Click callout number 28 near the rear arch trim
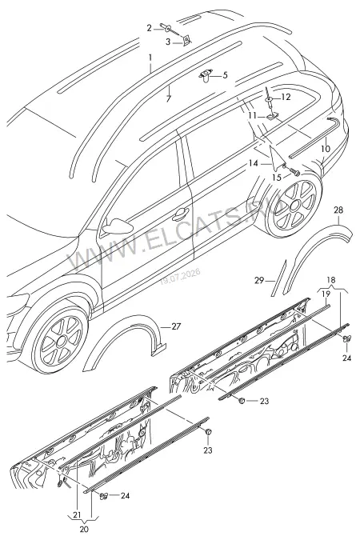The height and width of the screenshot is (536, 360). click(x=338, y=210)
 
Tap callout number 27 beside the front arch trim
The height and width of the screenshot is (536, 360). click(x=176, y=326)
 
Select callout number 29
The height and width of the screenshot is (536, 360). click(x=259, y=280)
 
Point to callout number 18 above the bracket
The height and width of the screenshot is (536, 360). click(x=331, y=280)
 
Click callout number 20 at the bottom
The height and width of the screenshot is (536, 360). click(x=84, y=529)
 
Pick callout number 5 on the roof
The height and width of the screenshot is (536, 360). click(x=225, y=75)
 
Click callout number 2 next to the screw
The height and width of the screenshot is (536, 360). click(x=149, y=28)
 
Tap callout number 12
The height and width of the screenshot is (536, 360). click(x=286, y=98)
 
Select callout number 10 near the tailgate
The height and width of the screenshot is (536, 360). click(x=326, y=149)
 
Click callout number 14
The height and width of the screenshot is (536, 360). click(x=254, y=163)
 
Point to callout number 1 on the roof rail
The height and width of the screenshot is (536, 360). click(x=150, y=57)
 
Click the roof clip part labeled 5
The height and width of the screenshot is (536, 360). click(x=206, y=75)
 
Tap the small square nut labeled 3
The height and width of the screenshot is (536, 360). click(x=186, y=41)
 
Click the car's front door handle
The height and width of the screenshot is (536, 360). click(x=181, y=214)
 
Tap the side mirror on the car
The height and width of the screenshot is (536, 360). click(x=117, y=226)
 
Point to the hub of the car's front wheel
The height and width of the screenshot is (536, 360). click(x=60, y=341)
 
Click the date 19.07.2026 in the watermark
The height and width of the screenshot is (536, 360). click(x=181, y=277)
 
